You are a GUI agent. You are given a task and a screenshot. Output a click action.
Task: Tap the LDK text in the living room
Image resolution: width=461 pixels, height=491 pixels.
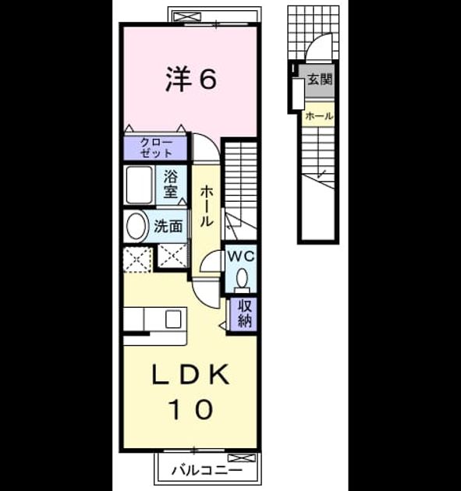click(190, 374)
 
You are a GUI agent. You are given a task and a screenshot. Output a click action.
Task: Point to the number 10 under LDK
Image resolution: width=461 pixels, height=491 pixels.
click(191, 409)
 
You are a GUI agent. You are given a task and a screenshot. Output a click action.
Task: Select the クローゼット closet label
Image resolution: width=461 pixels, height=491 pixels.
click(156, 147)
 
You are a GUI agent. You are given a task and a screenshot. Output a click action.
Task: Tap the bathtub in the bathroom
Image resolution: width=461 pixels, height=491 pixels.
click(140, 185)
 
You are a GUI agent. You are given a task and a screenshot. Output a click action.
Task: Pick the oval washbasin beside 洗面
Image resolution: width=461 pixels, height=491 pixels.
click(137, 226)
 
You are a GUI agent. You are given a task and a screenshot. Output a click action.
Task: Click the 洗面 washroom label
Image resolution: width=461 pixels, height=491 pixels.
click(168, 226)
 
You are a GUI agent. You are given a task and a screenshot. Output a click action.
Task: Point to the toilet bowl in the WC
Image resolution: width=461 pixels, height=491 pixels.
click(242, 278)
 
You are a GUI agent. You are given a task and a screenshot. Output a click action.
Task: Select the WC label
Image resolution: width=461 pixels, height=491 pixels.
click(241, 256)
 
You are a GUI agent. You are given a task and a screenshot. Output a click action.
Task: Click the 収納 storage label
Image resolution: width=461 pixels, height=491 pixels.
click(244, 313)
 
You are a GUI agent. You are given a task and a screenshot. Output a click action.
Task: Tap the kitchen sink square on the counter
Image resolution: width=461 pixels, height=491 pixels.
click(173, 319)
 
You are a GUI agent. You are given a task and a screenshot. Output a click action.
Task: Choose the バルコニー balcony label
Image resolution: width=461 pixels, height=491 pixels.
click(207, 470)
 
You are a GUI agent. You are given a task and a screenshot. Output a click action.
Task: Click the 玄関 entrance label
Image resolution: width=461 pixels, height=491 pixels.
click(319, 79)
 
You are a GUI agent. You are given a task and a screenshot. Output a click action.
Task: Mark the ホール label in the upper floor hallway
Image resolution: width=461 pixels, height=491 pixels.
click(207, 206)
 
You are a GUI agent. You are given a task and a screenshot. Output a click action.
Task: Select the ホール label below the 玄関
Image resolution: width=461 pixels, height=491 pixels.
click(319, 116)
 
